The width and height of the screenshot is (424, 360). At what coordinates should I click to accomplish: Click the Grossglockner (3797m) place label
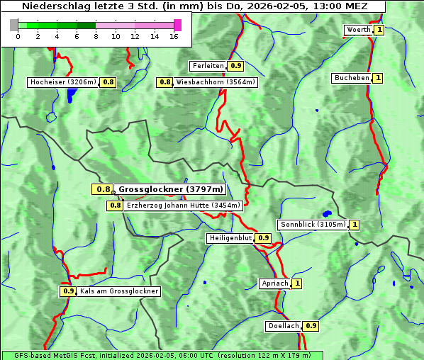click(x=171, y=189)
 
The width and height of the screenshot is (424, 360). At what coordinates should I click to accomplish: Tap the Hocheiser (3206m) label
click(x=62, y=82)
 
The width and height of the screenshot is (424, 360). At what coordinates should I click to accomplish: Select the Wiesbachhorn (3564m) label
click(x=216, y=82)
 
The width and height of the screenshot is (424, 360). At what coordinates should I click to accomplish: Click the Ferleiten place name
click(x=208, y=66)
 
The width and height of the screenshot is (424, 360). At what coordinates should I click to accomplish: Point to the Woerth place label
click(x=357, y=30)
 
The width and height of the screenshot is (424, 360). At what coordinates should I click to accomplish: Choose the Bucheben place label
click(x=352, y=78)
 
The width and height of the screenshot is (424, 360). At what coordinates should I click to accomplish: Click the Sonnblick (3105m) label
click(x=313, y=225)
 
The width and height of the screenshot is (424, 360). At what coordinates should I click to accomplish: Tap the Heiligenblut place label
click(x=230, y=238)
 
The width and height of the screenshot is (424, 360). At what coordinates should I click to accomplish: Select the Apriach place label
click(x=274, y=283)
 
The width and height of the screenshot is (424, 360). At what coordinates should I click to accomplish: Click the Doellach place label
click(x=284, y=327)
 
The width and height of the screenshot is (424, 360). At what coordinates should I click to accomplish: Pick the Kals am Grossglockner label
click(x=118, y=291)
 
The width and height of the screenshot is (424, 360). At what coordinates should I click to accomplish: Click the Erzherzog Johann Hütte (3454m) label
click(x=184, y=206)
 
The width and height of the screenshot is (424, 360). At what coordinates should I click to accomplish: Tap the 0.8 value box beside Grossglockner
click(x=103, y=189)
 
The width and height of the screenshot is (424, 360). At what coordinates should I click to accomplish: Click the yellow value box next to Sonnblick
click(x=355, y=225)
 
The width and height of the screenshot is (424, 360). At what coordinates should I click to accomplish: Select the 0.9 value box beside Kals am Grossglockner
click(x=68, y=291)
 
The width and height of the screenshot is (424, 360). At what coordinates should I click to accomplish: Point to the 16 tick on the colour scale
click(x=174, y=37)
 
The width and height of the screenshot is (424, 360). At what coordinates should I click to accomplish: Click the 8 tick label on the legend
click(x=96, y=37)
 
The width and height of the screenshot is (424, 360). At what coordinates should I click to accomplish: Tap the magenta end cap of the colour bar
click(x=177, y=26)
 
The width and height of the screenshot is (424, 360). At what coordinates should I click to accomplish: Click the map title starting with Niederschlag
click(x=193, y=6)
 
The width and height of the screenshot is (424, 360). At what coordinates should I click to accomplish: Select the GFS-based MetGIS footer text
click(x=162, y=355)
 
